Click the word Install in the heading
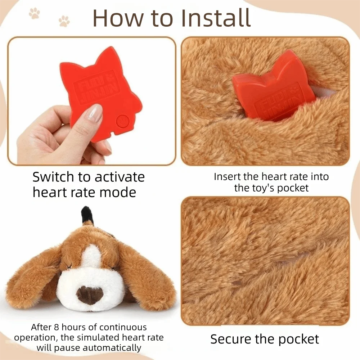216,18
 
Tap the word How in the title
118,18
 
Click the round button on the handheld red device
122,121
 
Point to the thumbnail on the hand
95,113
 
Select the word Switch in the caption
53,177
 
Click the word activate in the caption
120,177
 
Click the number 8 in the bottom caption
57,327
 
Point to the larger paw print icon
34,13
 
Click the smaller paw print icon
64,21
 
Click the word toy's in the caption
264,188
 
